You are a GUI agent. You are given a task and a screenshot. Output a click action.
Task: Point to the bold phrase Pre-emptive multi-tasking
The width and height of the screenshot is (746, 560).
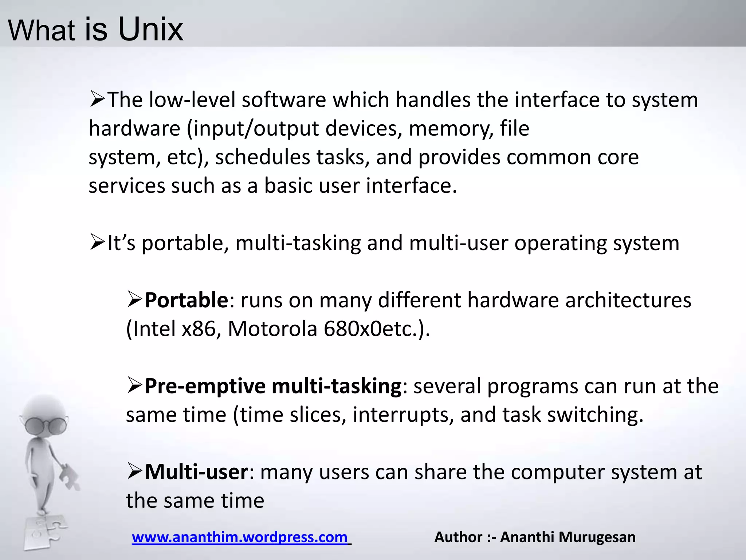click(273, 386)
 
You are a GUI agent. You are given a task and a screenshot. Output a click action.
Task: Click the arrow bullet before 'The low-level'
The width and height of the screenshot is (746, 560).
click(98, 99)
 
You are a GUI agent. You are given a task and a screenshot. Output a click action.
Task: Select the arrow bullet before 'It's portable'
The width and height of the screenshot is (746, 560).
click(98, 242)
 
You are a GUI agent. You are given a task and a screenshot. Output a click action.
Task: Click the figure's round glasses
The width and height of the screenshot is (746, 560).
click(46, 424)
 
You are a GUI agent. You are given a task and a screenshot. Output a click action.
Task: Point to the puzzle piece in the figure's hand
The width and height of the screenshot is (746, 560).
click(70, 476)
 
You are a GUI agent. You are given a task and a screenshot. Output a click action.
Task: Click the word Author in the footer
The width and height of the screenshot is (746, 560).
click(459, 537)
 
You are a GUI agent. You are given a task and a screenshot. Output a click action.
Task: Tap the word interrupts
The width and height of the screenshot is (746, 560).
click(403, 415)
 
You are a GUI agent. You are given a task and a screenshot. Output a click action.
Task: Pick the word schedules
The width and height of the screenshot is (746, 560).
click(263, 157)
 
